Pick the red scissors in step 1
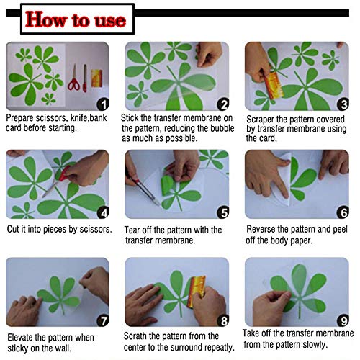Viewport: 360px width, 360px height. click(73, 78)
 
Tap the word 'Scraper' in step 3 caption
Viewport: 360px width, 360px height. click(262, 117)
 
